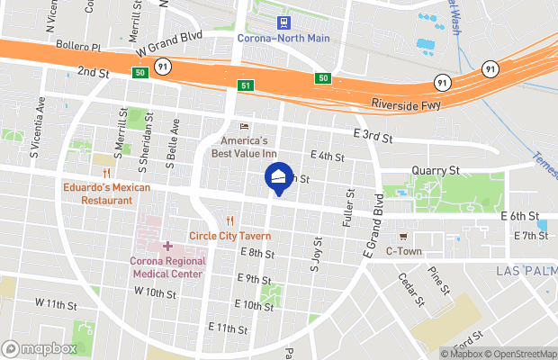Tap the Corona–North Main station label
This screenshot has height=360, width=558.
pos(283,39)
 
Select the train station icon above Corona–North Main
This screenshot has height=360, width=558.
pos(283,22)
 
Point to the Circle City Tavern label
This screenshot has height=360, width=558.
pos(230,236)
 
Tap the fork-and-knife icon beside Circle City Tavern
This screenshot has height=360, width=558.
pos(231,220)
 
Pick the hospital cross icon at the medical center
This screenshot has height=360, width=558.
pos(167,246)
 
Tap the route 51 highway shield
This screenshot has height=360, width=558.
pos(245,85)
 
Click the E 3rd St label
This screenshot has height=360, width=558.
pos(374,135)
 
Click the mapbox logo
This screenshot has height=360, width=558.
pos(40,348)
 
